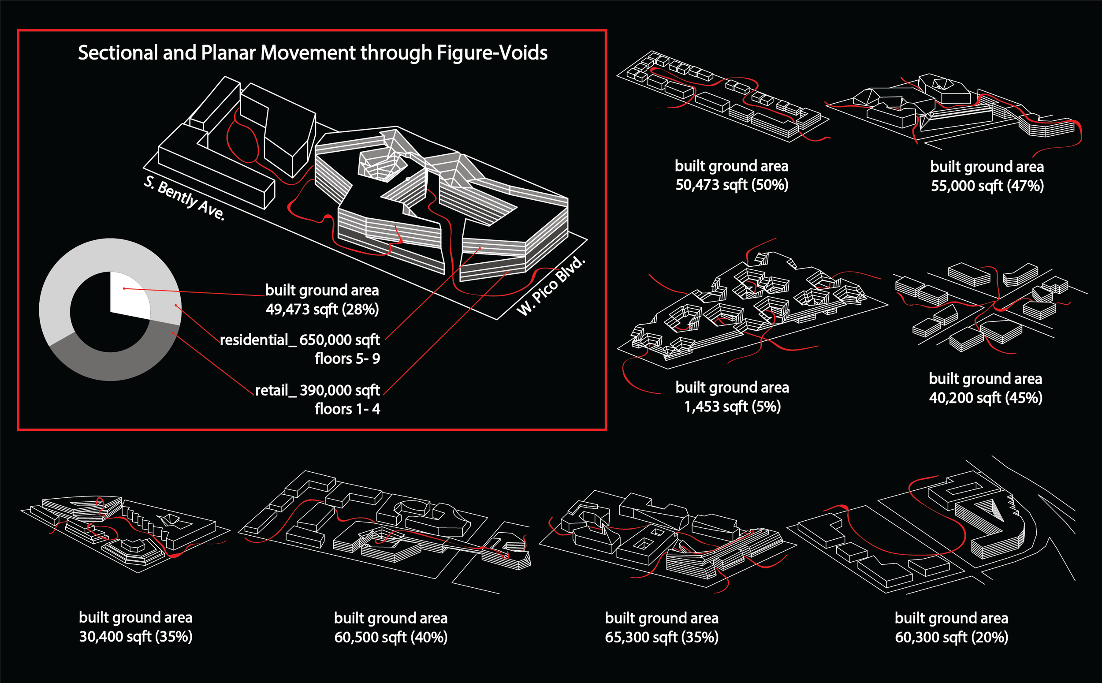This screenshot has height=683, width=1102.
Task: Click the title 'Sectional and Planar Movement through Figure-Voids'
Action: coord(313,53)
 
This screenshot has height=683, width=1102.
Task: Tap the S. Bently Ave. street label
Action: coord(184,198)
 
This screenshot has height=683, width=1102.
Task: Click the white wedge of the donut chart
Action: coord(129,296)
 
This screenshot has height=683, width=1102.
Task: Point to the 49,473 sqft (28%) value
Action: coord(322,310)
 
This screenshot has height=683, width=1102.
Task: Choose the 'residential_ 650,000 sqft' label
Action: coord(300,340)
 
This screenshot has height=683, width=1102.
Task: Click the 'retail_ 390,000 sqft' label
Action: coord(317,390)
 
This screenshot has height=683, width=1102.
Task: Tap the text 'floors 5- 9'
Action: coord(347,359)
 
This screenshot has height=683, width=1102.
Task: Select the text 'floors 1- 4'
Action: coord(347,409)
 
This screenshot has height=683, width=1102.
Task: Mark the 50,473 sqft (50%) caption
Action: coord(731,185)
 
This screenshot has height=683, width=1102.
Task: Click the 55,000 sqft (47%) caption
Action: coord(987,186)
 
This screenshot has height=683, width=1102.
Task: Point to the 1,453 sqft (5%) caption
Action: coord(732,407)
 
